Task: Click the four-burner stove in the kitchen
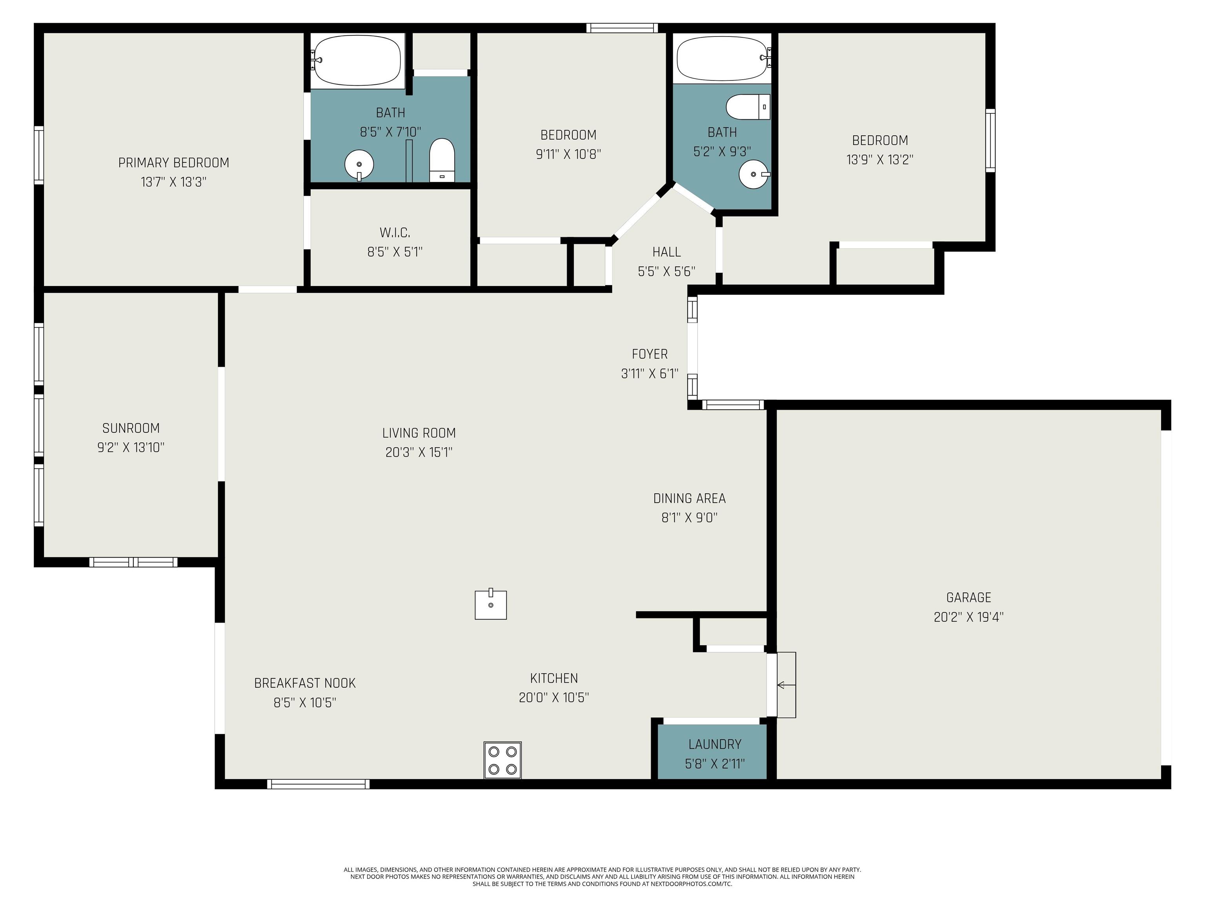[502, 760]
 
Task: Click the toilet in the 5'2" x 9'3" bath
[748, 107]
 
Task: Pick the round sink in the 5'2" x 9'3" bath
[754, 174]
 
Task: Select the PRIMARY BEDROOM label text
[174, 162]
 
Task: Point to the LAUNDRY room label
[715, 744]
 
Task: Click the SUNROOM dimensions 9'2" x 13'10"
[131, 447]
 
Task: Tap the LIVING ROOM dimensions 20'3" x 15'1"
[419, 452]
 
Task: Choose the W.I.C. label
[395, 233]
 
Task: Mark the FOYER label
[649, 354]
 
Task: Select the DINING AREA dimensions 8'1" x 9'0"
[689, 518]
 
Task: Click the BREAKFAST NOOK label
[305, 683]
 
